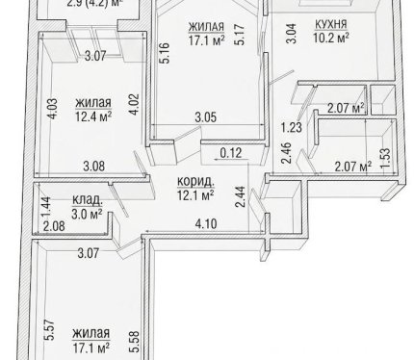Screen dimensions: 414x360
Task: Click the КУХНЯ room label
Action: pos(331,24)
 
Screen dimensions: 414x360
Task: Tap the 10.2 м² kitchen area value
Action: pos(331,39)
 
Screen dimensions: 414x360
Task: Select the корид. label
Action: pos(195,182)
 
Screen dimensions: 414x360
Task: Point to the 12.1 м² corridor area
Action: pos(195,195)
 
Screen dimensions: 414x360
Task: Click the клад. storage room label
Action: pos(88,200)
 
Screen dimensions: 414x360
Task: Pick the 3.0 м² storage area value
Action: pos(87,214)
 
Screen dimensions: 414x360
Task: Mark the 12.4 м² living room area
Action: pos(93,116)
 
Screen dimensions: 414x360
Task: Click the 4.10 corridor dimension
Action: pos(206,223)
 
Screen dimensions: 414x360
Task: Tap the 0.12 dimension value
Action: pos(231,153)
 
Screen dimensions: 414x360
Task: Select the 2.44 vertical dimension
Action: pos(241,196)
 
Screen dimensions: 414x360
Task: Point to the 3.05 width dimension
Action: pos(206,117)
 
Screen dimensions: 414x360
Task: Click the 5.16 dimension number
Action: pos(165,53)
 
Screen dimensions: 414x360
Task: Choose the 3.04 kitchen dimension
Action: pos(292,33)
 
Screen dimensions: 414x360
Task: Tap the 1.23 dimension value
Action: pos(292,127)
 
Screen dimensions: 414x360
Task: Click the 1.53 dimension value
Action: pos(385,158)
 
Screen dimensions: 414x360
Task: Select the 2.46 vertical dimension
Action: pos(287,153)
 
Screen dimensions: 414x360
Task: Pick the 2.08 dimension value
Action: pos(54,226)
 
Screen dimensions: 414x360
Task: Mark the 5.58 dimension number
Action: pos(135,342)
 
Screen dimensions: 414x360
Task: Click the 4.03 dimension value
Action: pos(53,109)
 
